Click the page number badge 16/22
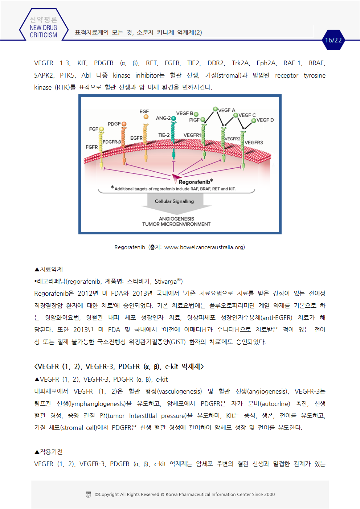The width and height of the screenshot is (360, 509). [x=333, y=40]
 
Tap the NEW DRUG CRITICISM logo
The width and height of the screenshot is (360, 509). [x=44, y=28]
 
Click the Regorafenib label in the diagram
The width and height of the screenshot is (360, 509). [x=195, y=182]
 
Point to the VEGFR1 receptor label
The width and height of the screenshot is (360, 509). [x=192, y=135]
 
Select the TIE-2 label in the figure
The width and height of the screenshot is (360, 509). [x=164, y=135]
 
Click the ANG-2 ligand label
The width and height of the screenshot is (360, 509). [x=163, y=118]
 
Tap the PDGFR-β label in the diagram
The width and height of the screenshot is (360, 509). [x=112, y=142]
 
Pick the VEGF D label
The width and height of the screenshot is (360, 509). [x=265, y=120]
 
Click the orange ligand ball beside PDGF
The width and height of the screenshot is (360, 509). [x=124, y=124]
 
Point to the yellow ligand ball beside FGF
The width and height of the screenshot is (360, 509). [x=101, y=129]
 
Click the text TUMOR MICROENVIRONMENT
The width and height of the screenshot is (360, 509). [x=176, y=224]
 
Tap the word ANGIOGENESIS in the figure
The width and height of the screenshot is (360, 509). [x=176, y=219]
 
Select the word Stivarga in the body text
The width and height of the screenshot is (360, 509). [x=165, y=282]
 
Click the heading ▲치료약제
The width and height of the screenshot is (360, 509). [x=49, y=269]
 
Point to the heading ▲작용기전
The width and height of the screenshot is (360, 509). [x=49, y=452]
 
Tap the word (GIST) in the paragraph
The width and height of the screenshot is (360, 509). [x=177, y=342]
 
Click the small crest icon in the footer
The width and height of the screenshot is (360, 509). [x=88, y=494]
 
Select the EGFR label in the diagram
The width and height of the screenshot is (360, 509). [x=136, y=138]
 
